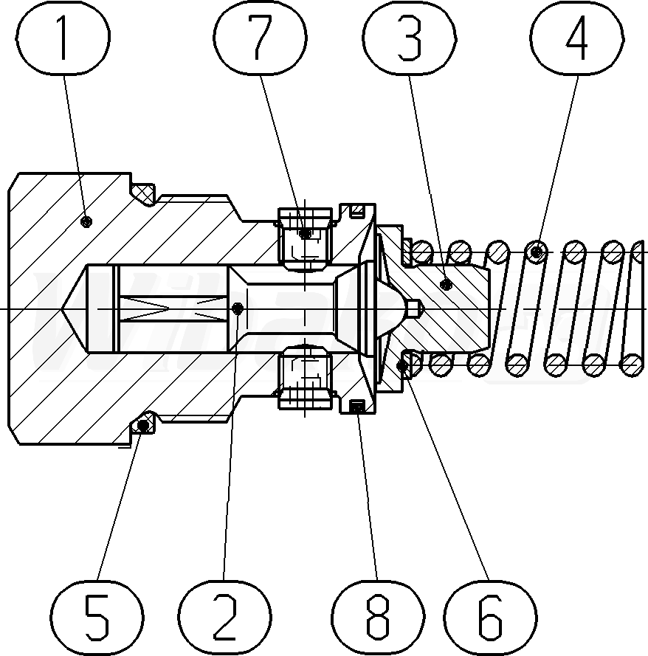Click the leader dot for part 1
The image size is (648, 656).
coord(86,221)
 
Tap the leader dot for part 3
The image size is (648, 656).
coord(445,283)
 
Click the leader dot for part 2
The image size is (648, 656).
coord(236,308)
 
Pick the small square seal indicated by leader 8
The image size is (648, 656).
coord(358,405)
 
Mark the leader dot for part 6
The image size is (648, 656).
coord(403,365)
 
